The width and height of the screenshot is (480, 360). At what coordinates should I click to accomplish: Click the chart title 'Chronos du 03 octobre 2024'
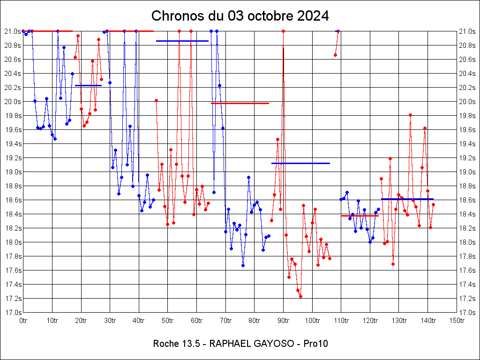(240, 16)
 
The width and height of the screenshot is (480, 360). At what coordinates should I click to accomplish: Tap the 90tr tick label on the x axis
(284, 320)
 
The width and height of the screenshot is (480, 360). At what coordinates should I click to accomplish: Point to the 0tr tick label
(23, 320)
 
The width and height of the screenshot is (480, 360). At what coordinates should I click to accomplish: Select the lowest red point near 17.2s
(300, 296)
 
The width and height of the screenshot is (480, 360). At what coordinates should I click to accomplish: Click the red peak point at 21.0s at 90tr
(284, 31)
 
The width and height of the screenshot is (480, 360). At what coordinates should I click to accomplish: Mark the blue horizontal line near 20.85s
(182, 41)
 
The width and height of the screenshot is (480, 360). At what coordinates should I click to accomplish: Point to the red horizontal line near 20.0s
(240, 103)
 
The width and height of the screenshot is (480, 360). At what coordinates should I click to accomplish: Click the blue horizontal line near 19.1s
(300, 163)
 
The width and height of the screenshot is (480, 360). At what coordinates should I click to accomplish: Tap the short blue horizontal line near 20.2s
(88, 85)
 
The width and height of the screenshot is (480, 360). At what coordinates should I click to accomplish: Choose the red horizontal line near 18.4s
(360, 216)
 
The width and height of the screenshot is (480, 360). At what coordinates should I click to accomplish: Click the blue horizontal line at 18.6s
(407, 199)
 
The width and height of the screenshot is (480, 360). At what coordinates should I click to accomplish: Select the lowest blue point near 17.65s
(243, 265)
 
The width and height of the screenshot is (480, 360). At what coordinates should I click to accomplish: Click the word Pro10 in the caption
(315, 344)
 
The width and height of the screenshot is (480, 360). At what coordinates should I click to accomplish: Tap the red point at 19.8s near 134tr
(410, 115)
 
